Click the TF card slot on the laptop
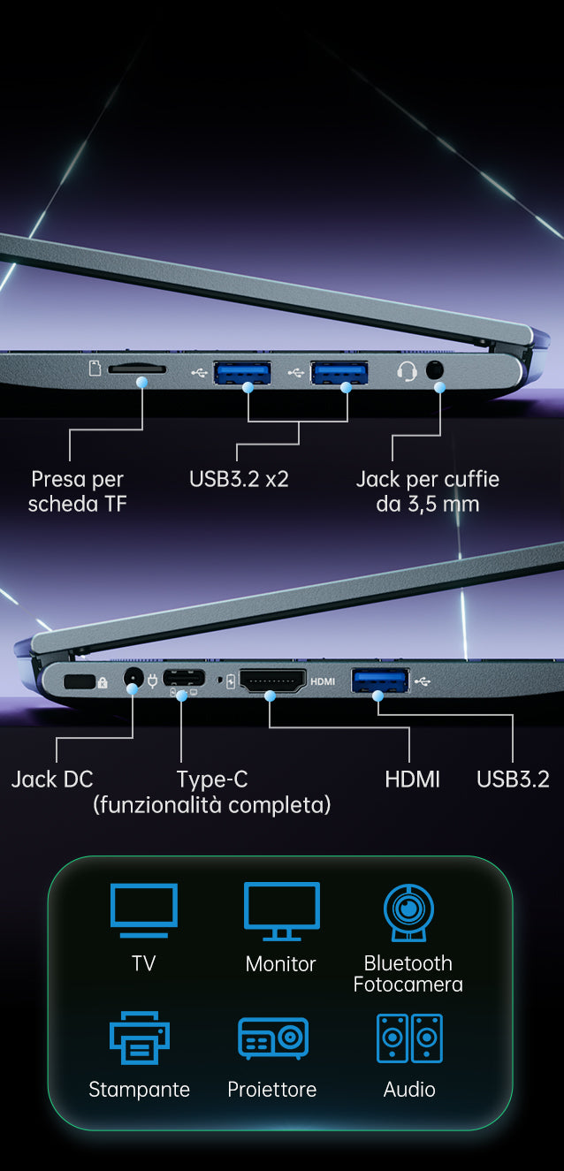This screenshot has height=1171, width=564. (x=137, y=369)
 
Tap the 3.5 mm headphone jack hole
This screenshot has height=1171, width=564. (x=434, y=370)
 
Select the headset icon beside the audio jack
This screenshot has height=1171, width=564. (x=407, y=372)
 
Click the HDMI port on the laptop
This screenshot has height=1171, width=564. (x=272, y=681)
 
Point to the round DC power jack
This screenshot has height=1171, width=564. (x=133, y=679)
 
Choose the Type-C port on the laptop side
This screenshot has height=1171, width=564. (x=184, y=678)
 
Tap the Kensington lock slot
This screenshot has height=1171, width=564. (x=79, y=681)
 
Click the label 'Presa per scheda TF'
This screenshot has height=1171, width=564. (x=78, y=491)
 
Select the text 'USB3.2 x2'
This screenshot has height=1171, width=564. (x=239, y=479)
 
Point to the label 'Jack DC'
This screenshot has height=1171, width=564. (x=52, y=779)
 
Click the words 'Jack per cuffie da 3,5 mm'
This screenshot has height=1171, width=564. (x=428, y=491)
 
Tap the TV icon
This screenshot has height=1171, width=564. (x=144, y=910)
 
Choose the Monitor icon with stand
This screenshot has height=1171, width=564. (x=282, y=910)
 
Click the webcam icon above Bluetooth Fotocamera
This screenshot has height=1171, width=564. (x=408, y=912)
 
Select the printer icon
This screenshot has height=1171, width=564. (x=139, y=1038)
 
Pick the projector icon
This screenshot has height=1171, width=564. (x=273, y=1038)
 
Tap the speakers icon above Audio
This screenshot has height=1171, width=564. (x=409, y=1038)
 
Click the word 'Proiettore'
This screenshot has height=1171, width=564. (x=271, y=1090)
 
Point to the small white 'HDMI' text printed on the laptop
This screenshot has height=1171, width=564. (x=323, y=681)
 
